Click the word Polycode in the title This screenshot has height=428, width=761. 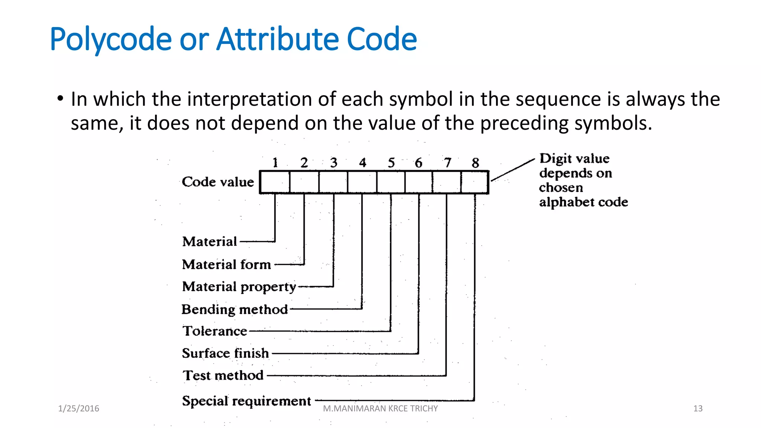tap(110, 39)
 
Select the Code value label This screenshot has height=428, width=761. tap(218, 182)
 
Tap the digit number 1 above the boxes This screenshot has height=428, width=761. tap(275, 163)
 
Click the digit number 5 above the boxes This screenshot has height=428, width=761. tap(391, 163)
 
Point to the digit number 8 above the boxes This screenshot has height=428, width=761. tap(475, 163)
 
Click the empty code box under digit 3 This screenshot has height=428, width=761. tap(333, 182)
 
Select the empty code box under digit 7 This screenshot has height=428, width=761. tap(447, 182)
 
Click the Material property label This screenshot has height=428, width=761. tap(239, 287)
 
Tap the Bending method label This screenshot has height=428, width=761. tap(234, 309)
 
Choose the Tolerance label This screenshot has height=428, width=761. tap(215, 331)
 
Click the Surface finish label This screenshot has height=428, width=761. tap(225, 353)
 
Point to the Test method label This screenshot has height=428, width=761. tap(223, 375)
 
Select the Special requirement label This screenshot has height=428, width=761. tap(246, 401)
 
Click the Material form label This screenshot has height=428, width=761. tap(226, 265)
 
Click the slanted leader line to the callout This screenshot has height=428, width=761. tap(513, 170)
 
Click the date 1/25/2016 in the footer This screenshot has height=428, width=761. tap(78, 409)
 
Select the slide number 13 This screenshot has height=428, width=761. tap(697, 409)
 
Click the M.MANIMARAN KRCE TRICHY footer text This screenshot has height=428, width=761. tap(380, 409)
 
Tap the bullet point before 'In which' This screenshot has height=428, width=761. tap(60, 99)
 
